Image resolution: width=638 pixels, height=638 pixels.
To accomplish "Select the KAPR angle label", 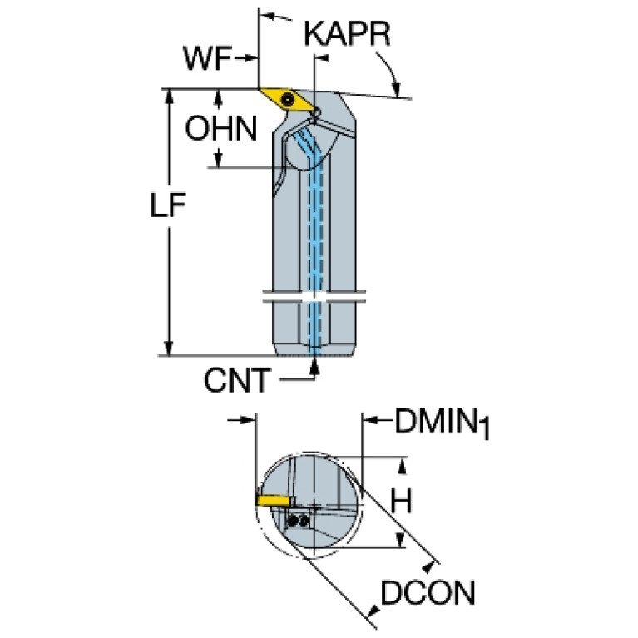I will pyautogui.click(x=347, y=35).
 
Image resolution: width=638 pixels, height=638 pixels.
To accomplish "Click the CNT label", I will pyautogui.click(x=237, y=380).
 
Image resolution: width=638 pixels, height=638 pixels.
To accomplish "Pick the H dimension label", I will pyautogui.click(x=403, y=500).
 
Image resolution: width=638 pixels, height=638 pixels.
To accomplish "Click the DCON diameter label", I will pyautogui.click(x=428, y=593).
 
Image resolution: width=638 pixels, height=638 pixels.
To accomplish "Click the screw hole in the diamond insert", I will pyautogui.click(x=288, y=101).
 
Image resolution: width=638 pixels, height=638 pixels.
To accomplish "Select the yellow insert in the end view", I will pyautogui.click(x=273, y=500).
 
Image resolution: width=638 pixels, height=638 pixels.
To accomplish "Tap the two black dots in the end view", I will pyautogui.click(x=299, y=520).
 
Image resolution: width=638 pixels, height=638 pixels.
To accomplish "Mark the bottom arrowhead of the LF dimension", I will pyautogui.click(x=170, y=349).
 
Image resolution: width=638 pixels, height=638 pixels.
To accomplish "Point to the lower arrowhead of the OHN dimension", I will pyautogui.click(x=219, y=158).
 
